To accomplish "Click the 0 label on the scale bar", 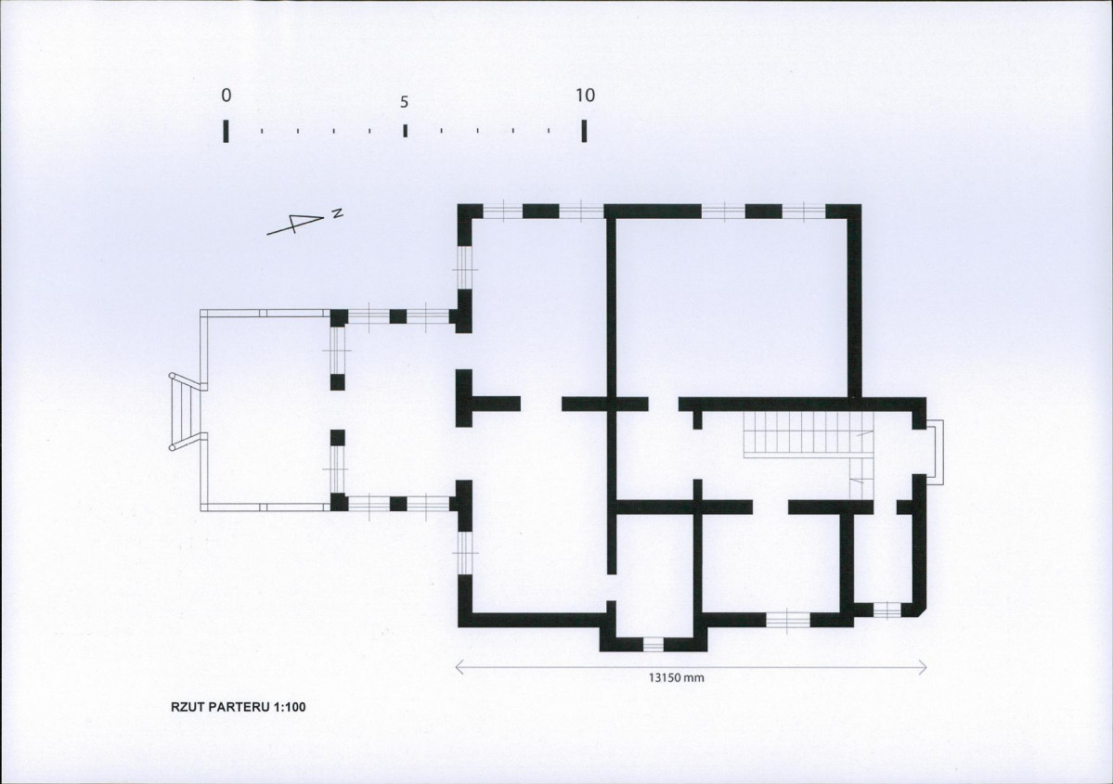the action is coord(226,95).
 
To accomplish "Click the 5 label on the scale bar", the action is coord(404,102).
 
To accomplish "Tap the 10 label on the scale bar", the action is coord(585,95).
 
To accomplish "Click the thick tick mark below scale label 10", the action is coord(584,131).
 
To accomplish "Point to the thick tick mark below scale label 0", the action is coord(226,131).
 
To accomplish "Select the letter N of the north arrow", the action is coord(338,212).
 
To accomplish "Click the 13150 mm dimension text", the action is coord(676,677).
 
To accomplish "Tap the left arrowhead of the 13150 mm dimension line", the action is coord(459,667).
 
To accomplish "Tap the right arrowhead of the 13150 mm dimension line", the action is coord(922,667).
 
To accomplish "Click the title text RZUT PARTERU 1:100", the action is coord(238,707).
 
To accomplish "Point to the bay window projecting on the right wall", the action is coord(936,453).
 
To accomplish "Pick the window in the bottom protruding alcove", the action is coord(653,644).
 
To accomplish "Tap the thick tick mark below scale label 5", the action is coord(405,131).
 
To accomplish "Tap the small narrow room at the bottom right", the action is coord(882,558).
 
